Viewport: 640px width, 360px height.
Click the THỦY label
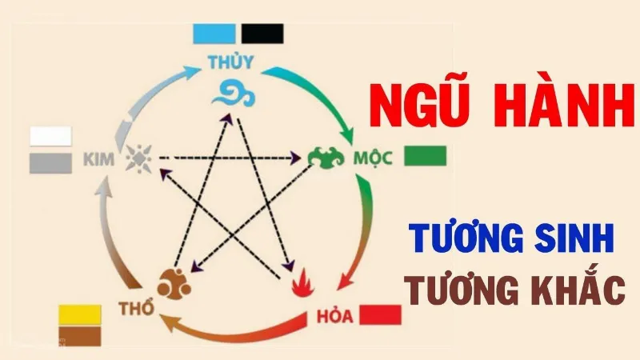[x=230, y=62]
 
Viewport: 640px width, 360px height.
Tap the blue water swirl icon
[x=234, y=94]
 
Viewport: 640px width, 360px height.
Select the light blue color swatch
[x=214, y=34]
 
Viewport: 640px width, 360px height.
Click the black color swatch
[x=262, y=34]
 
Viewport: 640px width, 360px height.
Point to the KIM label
[x=98, y=159]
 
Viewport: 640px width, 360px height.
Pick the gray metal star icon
[x=138, y=158]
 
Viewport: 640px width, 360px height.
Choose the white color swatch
[x=50, y=136]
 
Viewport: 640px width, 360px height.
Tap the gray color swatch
[x=50, y=163]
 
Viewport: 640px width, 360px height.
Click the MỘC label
[x=373, y=158]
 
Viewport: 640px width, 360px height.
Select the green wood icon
[x=326, y=158]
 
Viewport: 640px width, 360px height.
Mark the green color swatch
[x=426, y=156]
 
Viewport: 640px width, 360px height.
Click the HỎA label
[x=334, y=316]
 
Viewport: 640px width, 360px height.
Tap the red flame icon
[x=303, y=282]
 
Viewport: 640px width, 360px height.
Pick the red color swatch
[x=381, y=314]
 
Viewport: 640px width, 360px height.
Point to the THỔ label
[x=137, y=308]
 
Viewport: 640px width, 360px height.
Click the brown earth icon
[x=174, y=284]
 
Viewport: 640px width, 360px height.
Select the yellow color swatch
[x=80, y=314]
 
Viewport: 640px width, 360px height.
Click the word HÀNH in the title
[x=564, y=106]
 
